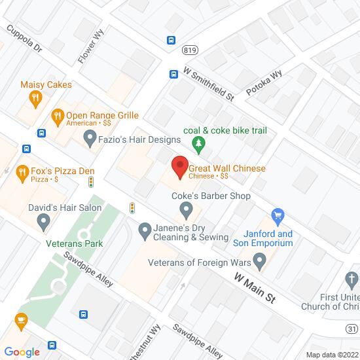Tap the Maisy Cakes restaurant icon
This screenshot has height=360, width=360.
click(36, 99)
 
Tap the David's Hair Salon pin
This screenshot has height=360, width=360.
click(44, 223)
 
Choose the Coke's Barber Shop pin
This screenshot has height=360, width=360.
click(187, 211)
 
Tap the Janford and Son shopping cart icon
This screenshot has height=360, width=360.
click(279, 215)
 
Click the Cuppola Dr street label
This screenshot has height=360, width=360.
click(24, 39)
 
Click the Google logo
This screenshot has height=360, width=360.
click(21, 352)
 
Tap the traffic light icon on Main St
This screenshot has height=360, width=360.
click(132, 207)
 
